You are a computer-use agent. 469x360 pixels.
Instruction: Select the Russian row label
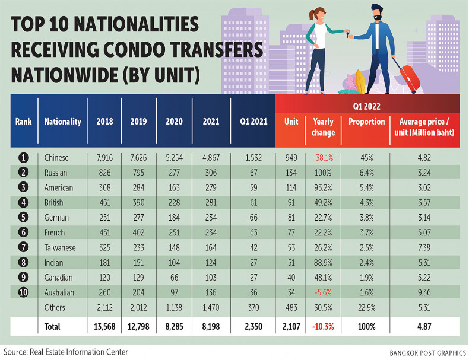coord(57,173)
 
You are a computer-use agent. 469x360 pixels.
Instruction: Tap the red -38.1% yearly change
coord(323,157)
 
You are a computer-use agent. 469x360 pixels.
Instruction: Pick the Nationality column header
coord(62,122)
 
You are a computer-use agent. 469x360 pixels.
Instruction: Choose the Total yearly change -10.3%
coord(323,326)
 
